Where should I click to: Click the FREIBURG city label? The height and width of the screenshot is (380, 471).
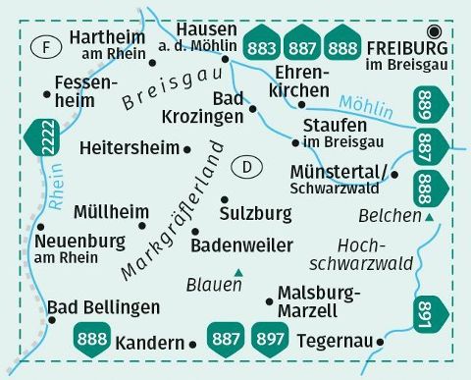(405, 47)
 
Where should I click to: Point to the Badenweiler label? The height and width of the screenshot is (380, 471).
(241, 244)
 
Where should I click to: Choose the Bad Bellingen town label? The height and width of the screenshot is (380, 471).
(104, 305)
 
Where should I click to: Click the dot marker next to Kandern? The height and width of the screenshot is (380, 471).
(192, 344)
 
